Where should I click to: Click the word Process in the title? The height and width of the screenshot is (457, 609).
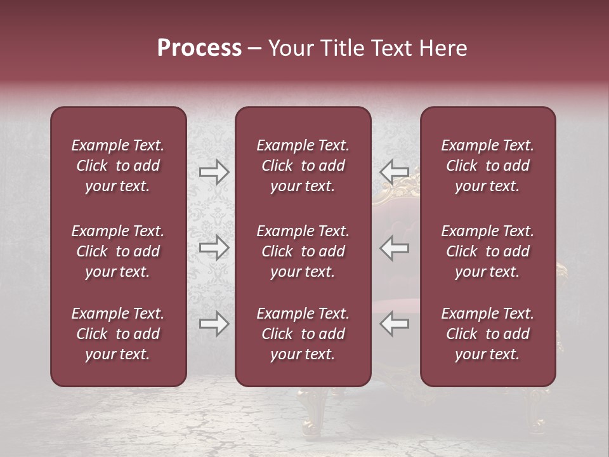[x=199, y=48]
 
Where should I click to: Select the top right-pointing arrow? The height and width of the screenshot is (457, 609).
[x=214, y=171]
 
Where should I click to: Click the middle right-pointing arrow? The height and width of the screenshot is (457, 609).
[x=214, y=248]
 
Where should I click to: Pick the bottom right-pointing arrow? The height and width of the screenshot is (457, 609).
[x=214, y=324]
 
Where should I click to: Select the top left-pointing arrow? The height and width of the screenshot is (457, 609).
[x=395, y=171]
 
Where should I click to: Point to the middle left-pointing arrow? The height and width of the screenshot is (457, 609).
[x=395, y=248]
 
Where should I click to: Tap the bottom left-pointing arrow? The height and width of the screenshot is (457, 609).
[x=395, y=324]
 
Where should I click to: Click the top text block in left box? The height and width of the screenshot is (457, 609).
[x=118, y=166]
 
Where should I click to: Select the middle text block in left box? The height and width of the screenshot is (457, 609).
[x=118, y=251]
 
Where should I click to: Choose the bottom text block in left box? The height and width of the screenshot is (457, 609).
[x=118, y=334]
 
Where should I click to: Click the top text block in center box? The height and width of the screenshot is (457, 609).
[x=303, y=166]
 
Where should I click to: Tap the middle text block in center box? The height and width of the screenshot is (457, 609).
[x=303, y=251]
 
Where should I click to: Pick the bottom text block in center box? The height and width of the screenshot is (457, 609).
[x=303, y=334]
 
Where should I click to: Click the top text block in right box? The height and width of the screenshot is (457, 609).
[x=488, y=166]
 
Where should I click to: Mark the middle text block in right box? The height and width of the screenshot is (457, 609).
[x=488, y=251]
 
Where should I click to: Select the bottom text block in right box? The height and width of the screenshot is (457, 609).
[x=488, y=334]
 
